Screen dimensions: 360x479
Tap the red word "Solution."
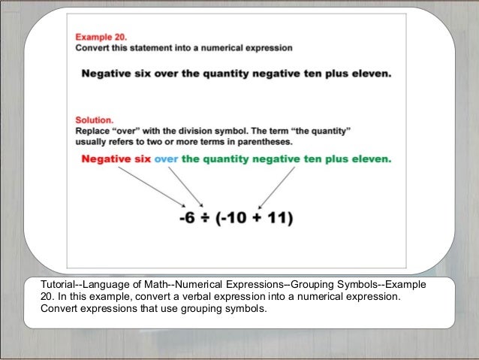[94, 119]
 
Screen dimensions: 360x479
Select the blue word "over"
[166, 159]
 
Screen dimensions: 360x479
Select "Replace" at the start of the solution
[93, 130]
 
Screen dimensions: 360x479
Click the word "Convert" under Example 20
[93, 48]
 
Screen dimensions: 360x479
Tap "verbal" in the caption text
[223, 297]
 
